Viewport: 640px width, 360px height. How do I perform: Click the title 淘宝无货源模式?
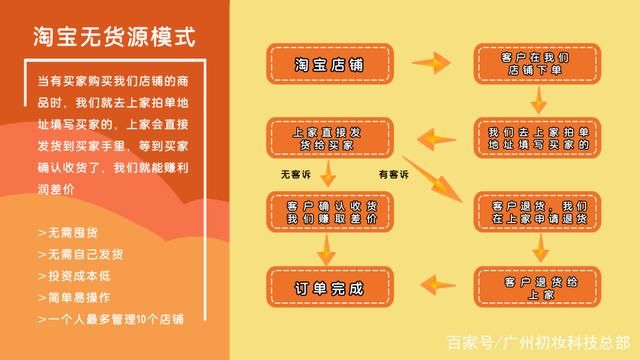pyautogui.click(x=112, y=38)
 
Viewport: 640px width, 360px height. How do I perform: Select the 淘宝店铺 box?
pyautogui.click(x=329, y=64)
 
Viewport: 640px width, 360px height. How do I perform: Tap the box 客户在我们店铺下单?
pyautogui.click(x=534, y=64)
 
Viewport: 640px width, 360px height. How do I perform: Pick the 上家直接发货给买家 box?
pyautogui.click(x=329, y=138)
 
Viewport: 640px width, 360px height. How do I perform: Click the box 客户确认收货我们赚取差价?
pyautogui.click(x=329, y=210)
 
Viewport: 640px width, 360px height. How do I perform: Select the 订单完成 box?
pyautogui.click(x=329, y=287)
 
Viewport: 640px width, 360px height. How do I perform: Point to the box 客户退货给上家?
pyautogui.click(x=536, y=287)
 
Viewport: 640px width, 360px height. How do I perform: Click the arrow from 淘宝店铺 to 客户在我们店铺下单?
pyautogui.click(x=431, y=65)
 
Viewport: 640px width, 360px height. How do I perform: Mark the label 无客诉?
pyautogui.click(x=297, y=175)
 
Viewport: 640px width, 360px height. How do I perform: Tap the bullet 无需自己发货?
pyautogui.click(x=79, y=254)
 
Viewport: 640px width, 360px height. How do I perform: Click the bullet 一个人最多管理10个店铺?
pyautogui.click(x=110, y=319)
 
